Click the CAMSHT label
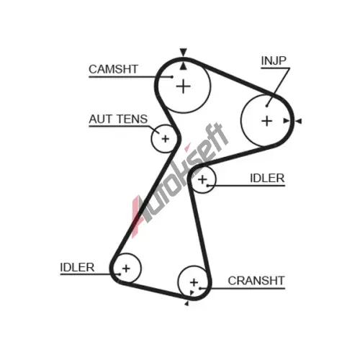[x=113, y=69]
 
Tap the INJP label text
[x=274, y=60]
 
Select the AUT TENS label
[x=118, y=119]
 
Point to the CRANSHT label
[x=256, y=281]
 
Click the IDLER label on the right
[x=267, y=178]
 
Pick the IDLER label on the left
[x=77, y=267]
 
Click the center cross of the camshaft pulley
[x=184, y=86]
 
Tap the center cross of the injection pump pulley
[x=266, y=121]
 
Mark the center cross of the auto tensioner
[x=166, y=139]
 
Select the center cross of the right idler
[x=202, y=179]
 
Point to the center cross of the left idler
[x=126, y=269]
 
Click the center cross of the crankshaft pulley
[x=194, y=282]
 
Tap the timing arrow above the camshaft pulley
[x=184, y=53]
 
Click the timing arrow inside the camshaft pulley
[x=184, y=66]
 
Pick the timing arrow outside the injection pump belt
[x=298, y=121]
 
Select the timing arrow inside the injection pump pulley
[x=287, y=121]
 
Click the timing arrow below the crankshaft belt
[x=186, y=304]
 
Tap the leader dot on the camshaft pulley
[x=172, y=77]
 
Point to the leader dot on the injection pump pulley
[x=266, y=106]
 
